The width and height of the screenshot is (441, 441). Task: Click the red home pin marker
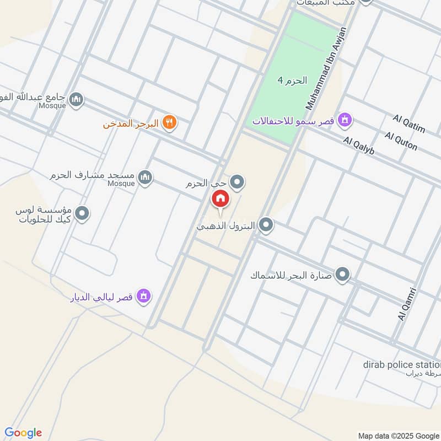pyautogui.click(x=220, y=199)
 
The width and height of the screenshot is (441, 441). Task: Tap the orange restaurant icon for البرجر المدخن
pyautogui.click(x=170, y=123)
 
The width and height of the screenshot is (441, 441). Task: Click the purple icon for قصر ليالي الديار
pyautogui.click(x=144, y=296)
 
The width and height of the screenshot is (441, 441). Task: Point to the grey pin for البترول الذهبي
pyautogui.click(x=266, y=225)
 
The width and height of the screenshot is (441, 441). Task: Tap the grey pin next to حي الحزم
pyautogui.click(x=237, y=181)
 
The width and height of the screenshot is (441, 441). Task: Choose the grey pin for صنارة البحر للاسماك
pyautogui.click(x=343, y=275)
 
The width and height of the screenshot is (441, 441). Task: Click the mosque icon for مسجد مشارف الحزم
pyautogui.click(x=145, y=177)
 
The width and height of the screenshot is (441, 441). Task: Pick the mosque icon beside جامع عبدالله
pyautogui.click(x=77, y=100)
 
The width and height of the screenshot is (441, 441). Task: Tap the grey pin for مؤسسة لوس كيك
pyautogui.click(x=82, y=213)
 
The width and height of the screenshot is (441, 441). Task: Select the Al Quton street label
pyautogui.click(x=401, y=141)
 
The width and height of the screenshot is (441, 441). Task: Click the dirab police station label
pyautogui.click(x=402, y=364)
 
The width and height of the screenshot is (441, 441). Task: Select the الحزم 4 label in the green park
pyautogui.click(x=291, y=80)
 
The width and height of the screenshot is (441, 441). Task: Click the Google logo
pyautogui.click(x=23, y=433)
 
